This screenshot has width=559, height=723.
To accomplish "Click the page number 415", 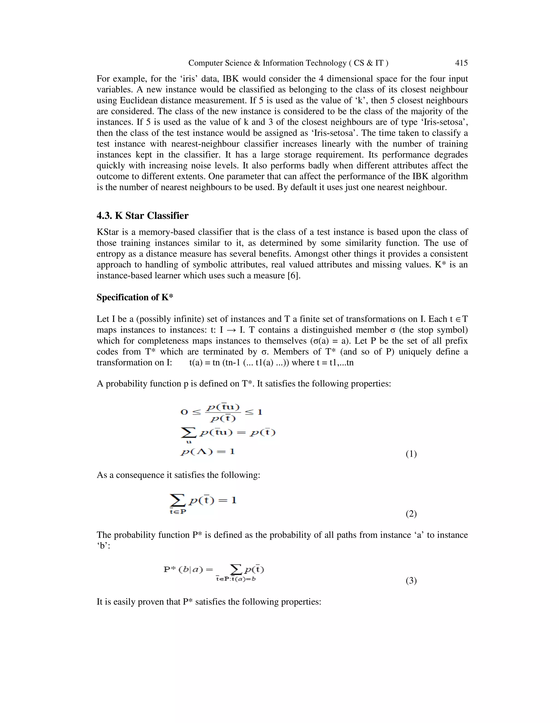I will (x=461, y=63).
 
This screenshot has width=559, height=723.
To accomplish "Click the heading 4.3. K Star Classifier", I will (x=142, y=216).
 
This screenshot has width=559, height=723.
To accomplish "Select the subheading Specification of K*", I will (x=135, y=297).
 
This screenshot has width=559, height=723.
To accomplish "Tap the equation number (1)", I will (x=411, y=454).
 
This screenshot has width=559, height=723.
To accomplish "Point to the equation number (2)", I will (x=411, y=514).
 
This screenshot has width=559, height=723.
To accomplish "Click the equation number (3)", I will (x=411, y=581).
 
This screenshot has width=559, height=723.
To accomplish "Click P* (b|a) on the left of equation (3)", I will (x=183, y=569).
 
